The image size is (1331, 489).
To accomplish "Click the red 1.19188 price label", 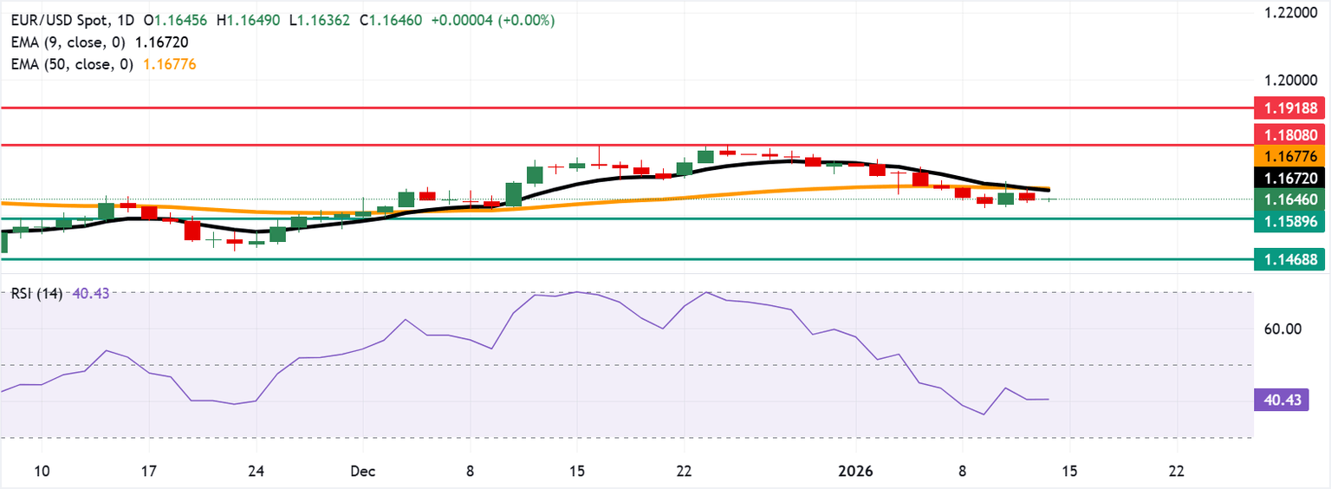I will pos(1291,108).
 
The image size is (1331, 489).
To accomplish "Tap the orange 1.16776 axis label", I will pos(1291,156).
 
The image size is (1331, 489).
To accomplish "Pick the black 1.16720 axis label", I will pos(1291,178).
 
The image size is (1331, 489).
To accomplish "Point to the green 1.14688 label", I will pos(1291,258).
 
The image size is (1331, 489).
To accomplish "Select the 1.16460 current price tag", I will pos(1291,199).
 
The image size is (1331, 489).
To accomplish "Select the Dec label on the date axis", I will pos(362,471).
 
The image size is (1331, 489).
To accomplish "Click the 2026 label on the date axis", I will pos(855,471).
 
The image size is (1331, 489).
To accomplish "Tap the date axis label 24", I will pos(256,471).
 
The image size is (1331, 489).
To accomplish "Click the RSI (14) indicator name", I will pos(36,294).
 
